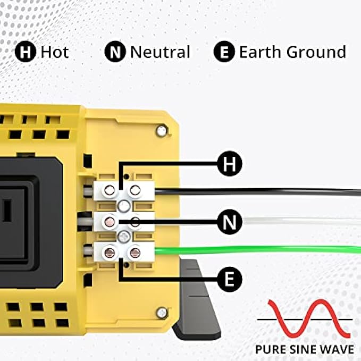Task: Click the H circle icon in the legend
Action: tap(24, 52)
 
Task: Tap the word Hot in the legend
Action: tap(55, 52)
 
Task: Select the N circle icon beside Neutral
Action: tap(114, 52)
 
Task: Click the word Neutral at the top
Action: tap(160, 52)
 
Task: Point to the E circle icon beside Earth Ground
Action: tap(224, 52)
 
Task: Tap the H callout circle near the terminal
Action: tap(230, 164)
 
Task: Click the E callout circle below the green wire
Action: tap(230, 279)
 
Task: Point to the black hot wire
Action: tap(266, 191)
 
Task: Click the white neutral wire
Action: tap(266, 220)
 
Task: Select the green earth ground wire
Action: tap(266, 249)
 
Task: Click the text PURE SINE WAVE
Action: tap(304, 350)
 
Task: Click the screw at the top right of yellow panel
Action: tap(160, 131)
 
